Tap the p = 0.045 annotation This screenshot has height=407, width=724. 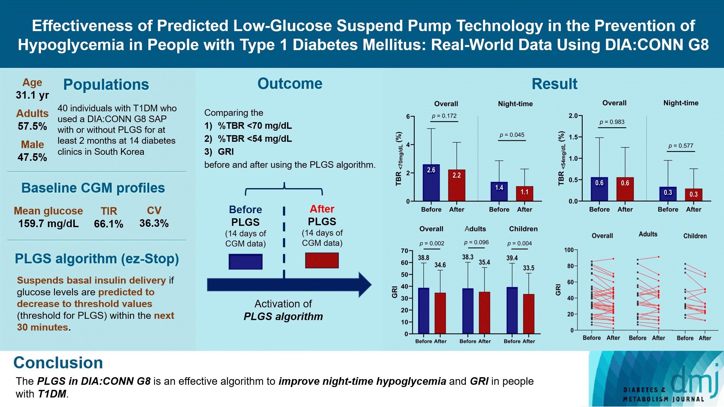tap(512, 135)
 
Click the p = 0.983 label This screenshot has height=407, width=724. tap(612, 122)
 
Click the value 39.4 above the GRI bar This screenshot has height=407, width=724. tap(512, 258)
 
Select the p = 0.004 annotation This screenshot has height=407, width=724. tap(520, 243)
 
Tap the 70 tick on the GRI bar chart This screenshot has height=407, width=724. tap(404, 251)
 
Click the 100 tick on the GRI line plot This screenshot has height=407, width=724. tap(569, 250)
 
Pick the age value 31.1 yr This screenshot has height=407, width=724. tap(32, 95)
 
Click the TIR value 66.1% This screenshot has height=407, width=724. tap(109, 224)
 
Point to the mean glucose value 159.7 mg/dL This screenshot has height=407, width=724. tap(48, 224)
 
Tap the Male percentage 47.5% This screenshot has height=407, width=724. tap(32, 157)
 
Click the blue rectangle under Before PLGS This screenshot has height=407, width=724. tap(245, 262)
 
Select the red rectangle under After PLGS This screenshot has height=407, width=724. tap(322, 260)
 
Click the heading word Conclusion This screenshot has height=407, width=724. tap(58, 363)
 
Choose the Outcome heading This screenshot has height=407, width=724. tap(290, 84)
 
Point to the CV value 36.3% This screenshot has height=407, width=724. tap(154, 223)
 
